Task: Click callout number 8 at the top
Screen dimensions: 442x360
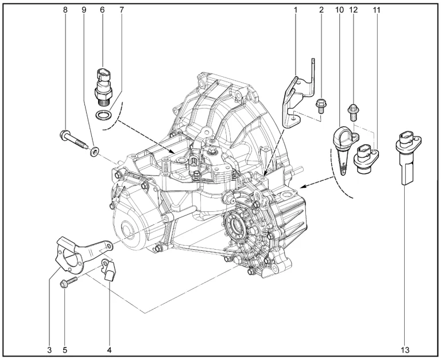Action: pos(65,10)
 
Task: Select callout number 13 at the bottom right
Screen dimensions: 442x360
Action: pos(405,350)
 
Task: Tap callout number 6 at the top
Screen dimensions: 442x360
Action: pos(102,10)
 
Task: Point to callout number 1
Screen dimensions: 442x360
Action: pos(296,10)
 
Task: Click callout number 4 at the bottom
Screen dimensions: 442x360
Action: pos(110,350)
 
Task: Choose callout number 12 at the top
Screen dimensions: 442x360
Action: pos(353,10)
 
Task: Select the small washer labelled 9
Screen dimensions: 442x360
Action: pos(94,151)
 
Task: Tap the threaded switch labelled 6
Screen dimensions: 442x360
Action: pos(103,86)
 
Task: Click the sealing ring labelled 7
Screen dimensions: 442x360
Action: pos(103,115)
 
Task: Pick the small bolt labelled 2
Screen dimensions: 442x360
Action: pos(320,106)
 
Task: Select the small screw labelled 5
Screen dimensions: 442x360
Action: pos(68,282)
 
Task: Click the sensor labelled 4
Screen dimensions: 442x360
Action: pos(109,270)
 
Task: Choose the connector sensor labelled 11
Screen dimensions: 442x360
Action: pos(366,158)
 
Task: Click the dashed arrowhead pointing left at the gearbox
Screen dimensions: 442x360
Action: pos(304,186)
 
